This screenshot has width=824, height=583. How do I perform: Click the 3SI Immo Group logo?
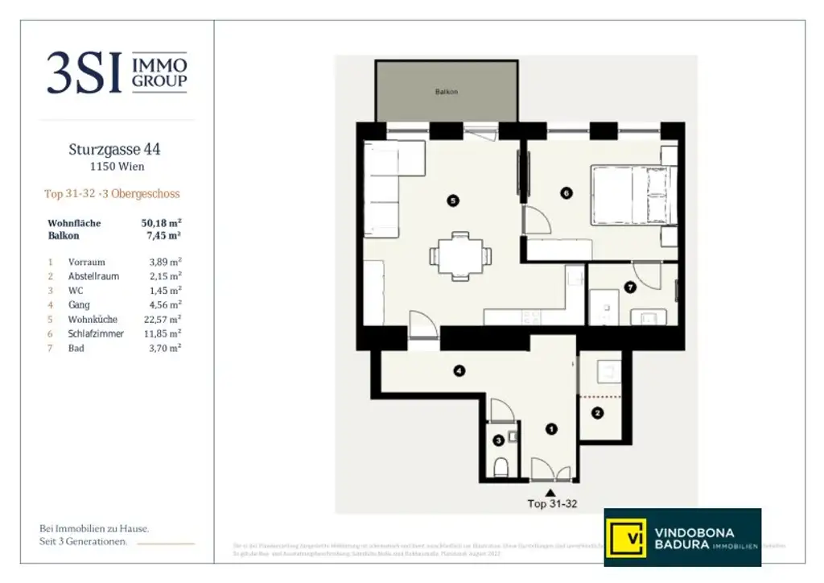tap(117, 72)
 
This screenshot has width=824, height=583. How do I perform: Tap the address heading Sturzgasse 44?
tap(117, 149)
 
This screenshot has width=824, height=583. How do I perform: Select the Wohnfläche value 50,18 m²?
tap(161, 223)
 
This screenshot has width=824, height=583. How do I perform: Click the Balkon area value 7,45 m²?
tap(164, 236)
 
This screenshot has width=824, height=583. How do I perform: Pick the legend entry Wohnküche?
tap(90, 320)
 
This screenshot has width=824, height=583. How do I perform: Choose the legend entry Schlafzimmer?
tap(96, 333)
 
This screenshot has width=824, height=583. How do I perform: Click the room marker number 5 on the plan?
tap(453, 201)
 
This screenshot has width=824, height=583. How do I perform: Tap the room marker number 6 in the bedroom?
tap(566, 193)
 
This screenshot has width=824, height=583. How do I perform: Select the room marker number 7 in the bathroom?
tap(630, 287)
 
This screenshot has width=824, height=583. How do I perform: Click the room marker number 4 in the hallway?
tap(458, 371)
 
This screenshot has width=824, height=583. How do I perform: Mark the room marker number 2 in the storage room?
tap(597, 414)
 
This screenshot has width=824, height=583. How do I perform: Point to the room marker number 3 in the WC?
tap(499, 440)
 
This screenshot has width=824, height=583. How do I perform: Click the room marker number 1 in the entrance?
tap(550, 429)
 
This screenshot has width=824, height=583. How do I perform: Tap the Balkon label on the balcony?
tap(447, 92)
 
